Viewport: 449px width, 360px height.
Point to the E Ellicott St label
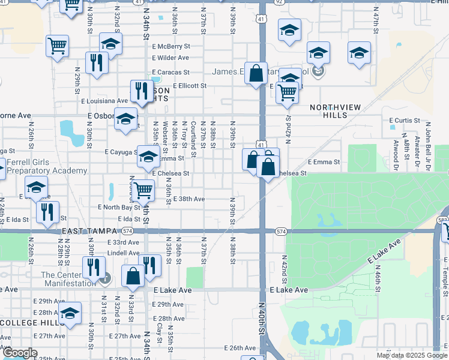coord(189,86)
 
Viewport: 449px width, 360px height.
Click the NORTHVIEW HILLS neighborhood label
coord(336,110)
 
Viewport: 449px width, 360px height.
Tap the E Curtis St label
coord(405,121)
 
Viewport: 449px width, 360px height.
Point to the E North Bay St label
coord(119,207)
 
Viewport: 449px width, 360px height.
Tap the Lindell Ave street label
coord(123,253)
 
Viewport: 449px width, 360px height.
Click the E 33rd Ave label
coord(123,242)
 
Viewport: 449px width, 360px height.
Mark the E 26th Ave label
coord(240,348)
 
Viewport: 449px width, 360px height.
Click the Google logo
coord(20,353)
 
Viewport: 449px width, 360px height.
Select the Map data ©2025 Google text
coord(412,355)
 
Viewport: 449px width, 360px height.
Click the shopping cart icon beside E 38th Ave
coord(143,190)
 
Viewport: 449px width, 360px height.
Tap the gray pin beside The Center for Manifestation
coord(106,277)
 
